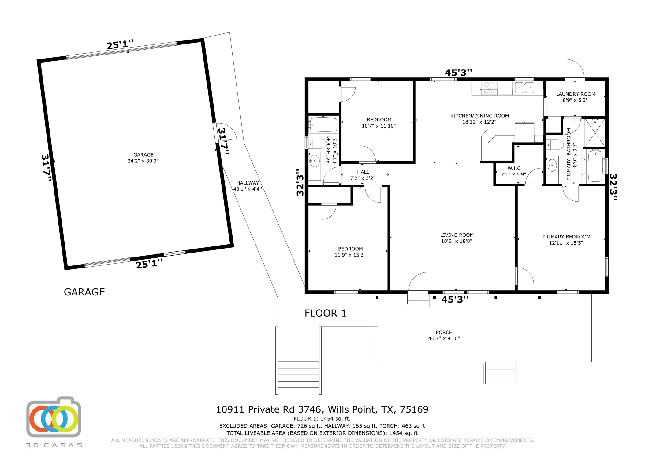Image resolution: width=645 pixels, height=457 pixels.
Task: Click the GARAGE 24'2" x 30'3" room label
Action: (x=143, y=158)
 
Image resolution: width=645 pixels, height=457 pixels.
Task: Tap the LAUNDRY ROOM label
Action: (x=575, y=97)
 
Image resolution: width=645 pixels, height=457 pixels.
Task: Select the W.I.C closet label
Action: (x=514, y=171)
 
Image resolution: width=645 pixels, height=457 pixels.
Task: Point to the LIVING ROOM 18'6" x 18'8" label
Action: (x=457, y=238)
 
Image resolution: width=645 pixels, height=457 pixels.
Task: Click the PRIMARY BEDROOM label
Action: (x=566, y=240)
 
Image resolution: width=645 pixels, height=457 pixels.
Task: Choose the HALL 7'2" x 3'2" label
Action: (x=363, y=175)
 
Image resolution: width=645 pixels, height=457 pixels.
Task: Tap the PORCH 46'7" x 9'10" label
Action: (x=444, y=335)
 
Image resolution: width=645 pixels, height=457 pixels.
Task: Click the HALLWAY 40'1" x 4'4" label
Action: (x=248, y=186)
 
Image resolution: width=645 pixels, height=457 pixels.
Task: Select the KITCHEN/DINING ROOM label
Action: (x=479, y=119)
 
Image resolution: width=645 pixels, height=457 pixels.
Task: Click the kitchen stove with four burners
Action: (x=490, y=87)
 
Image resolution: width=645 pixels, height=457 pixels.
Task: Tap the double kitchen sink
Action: (x=524, y=88)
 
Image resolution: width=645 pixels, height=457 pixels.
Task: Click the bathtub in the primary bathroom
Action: (x=595, y=166)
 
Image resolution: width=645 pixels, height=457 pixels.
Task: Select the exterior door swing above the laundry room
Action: (x=574, y=69)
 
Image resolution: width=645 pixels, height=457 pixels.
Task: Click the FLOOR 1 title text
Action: (x=325, y=313)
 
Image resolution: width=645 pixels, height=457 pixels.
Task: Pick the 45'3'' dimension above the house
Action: (x=458, y=73)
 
